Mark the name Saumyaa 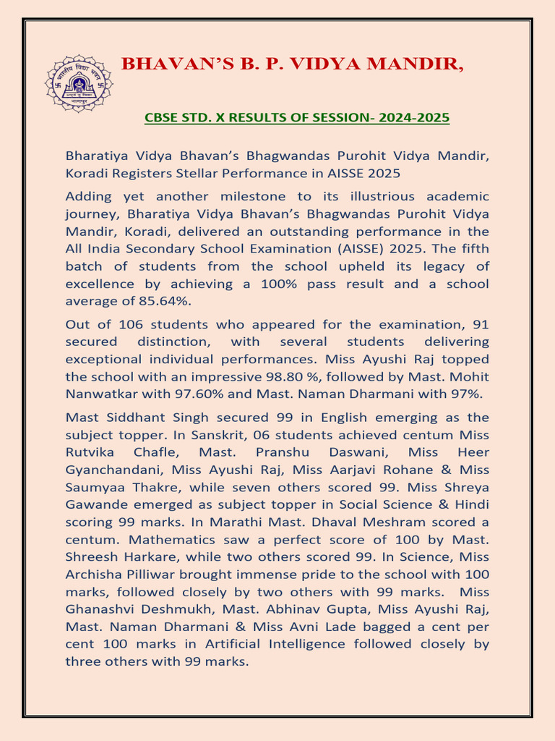point(95,487)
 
